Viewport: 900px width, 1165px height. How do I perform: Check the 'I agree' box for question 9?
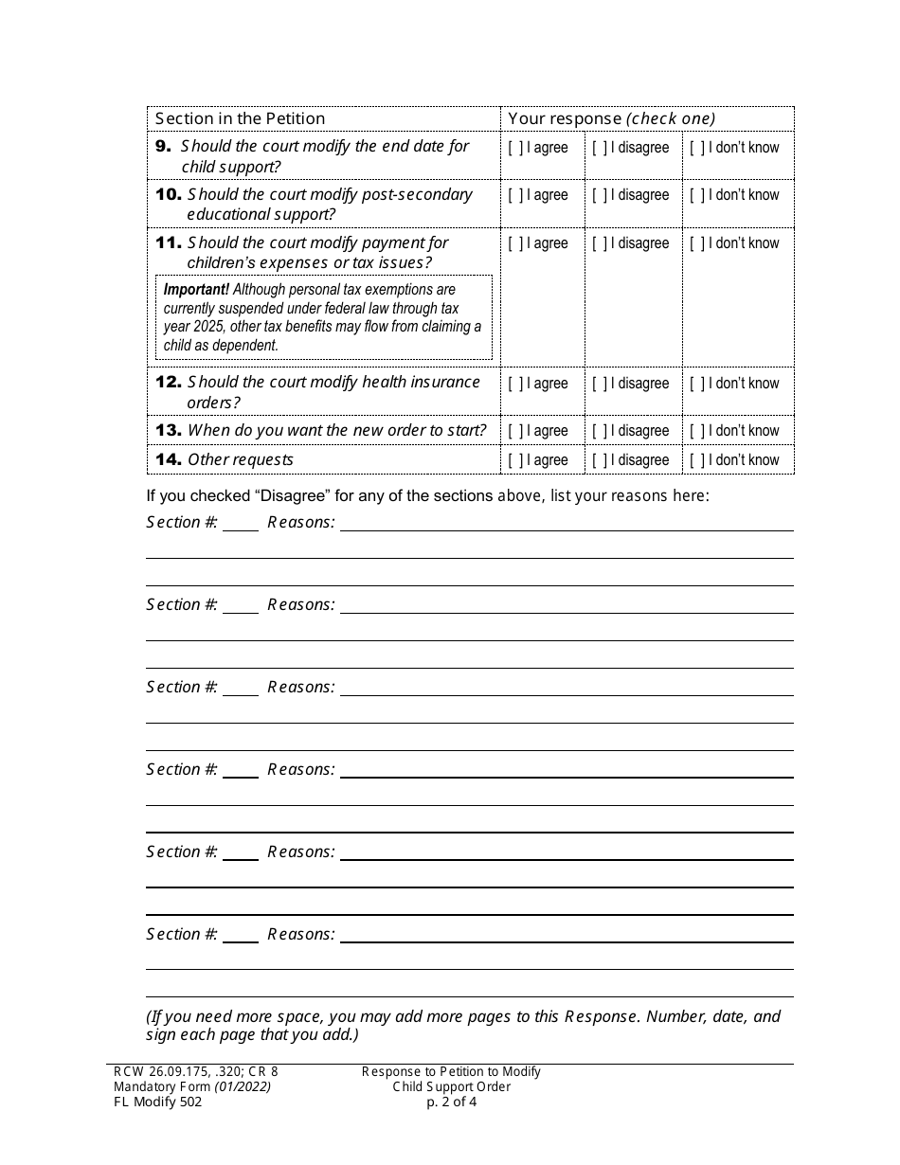pyautogui.click(x=515, y=148)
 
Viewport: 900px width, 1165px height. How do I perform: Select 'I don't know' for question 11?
pyautogui.click(x=696, y=243)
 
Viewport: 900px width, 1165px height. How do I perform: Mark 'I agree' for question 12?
pyautogui.click(x=515, y=384)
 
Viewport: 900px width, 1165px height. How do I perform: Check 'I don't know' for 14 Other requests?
pyautogui.click(x=696, y=460)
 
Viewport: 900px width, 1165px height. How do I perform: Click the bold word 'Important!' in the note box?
pyautogui.click(x=196, y=290)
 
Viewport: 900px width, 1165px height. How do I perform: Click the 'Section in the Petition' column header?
pyautogui.click(x=240, y=118)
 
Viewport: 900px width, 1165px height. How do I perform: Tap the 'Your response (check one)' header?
pyautogui.click(x=611, y=118)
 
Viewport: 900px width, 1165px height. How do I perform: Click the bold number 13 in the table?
pyautogui.click(x=169, y=430)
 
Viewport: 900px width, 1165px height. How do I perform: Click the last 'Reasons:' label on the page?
pyautogui.click(x=300, y=934)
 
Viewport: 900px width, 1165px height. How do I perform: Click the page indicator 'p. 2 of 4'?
pyautogui.click(x=451, y=1102)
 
